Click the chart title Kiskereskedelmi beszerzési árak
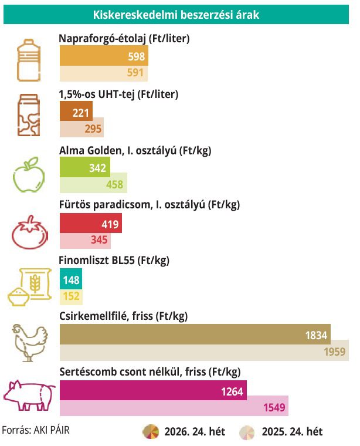(176, 15)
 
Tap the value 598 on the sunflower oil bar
(137, 56)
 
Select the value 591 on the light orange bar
(135, 73)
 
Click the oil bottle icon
(28, 60)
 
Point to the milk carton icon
(28, 115)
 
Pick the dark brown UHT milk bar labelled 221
(76, 111)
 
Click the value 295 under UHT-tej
(93, 129)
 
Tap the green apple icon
(29, 174)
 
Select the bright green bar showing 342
(85, 167)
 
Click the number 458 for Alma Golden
(115, 185)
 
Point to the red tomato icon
(29, 232)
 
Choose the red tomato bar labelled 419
(91, 223)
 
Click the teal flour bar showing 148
(71, 279)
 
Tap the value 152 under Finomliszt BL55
(71, 296)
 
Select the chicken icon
(30, 343)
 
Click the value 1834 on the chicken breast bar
(316, 336)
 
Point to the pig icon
(29, 396)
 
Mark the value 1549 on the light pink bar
(274, 408)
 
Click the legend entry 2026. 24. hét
(184, 432)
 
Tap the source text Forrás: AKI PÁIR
(36, 430)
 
